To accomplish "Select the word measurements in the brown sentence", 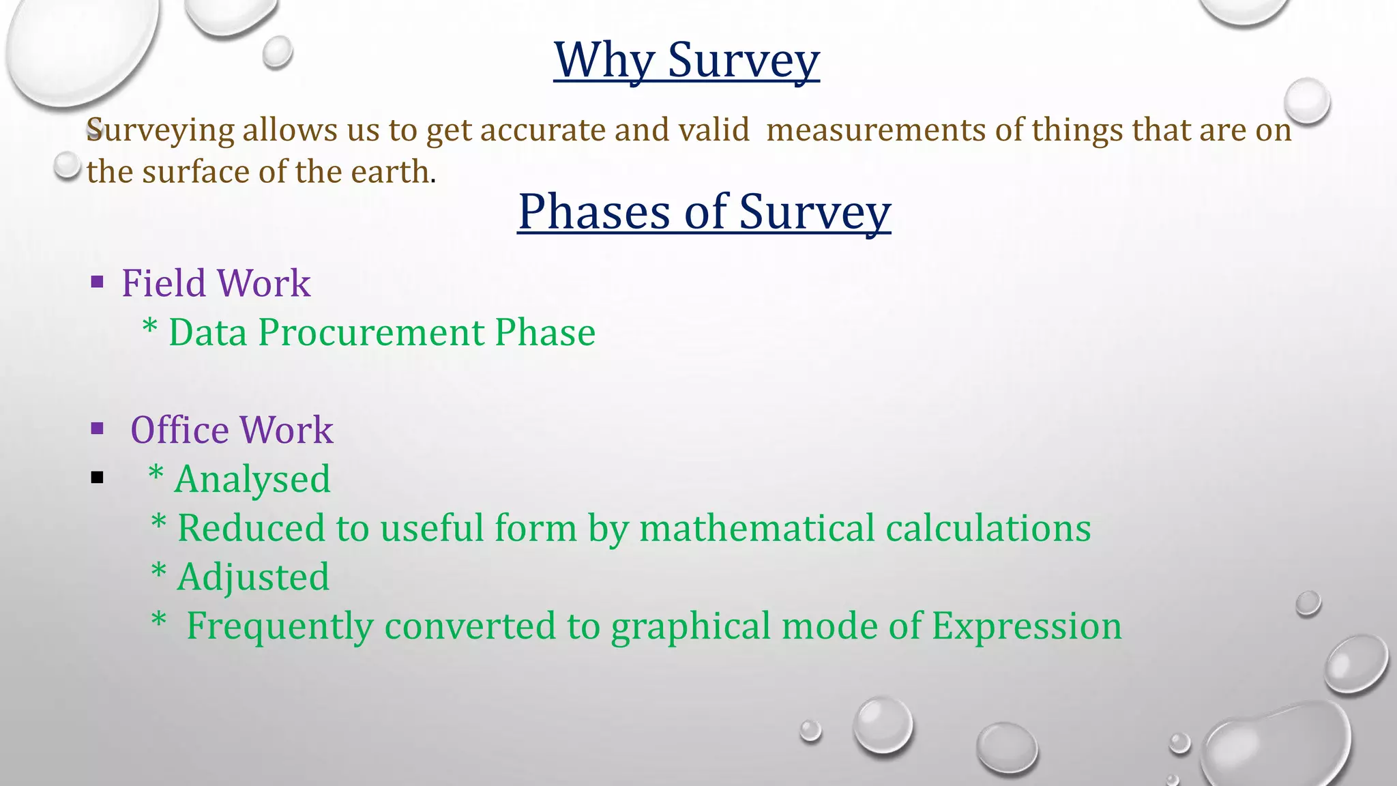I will coord(876,130).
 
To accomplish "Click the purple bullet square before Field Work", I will coord(97,282).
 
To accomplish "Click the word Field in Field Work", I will coord(163,283).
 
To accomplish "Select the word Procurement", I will coord(371,333).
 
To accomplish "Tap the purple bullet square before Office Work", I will coord(97,428).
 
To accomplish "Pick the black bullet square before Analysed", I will coord(97,478).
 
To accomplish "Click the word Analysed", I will coord(252,480).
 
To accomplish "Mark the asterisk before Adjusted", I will coord(158,572).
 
